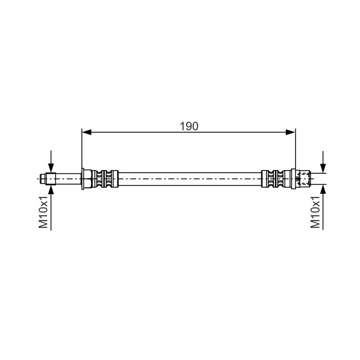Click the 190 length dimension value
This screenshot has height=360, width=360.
(x=189, y=126)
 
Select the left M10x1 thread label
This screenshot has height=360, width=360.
(x=43, y=212)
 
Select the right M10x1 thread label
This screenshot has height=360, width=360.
(x=315, y=212)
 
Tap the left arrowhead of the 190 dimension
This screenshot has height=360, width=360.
(x=87, y=132)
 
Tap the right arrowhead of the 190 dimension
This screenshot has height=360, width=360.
(x=291, y=132)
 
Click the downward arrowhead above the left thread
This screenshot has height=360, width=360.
(x=51, y=168)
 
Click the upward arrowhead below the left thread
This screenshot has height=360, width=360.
(x=51, y=189)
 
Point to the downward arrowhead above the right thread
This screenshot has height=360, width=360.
(x=323, y=168)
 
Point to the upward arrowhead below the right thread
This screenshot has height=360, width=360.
(x=323, y=189)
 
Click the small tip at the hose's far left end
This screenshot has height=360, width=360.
(x=43, y=179)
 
